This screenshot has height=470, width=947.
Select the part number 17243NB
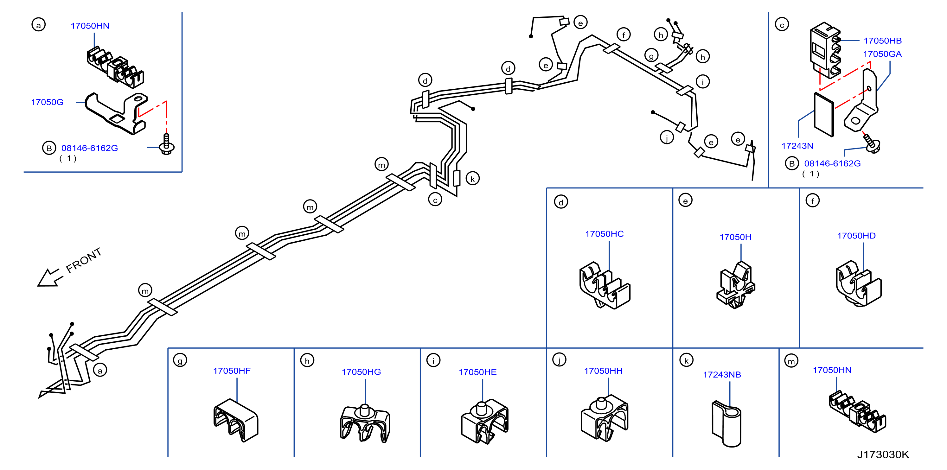point(722,374)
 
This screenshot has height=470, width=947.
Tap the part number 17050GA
point(882,54)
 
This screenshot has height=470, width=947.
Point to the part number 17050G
point(47,102)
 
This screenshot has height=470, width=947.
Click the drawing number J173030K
point(883,454)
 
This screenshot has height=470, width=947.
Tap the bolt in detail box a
point(167,144)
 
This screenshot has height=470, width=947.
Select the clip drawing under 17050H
point(736,285)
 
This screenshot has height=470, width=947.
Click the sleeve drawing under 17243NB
point(726,423)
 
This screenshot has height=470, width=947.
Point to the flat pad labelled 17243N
point(824,115)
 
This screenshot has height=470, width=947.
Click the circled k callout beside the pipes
point(472,179)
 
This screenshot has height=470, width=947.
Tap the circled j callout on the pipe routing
point(667,137)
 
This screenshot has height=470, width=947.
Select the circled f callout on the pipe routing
point(624,35)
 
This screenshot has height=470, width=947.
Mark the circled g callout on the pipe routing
point(651,55)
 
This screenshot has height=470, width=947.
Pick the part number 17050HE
point(477,372)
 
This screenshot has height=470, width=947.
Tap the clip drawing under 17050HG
point(365,423)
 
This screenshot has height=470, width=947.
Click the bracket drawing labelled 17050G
point(116,113)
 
